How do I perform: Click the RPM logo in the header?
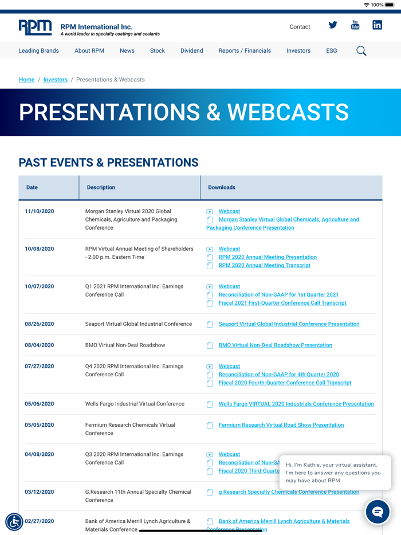click(35, 27)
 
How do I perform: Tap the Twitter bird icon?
click(333, 25)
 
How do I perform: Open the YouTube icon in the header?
click(355, 25)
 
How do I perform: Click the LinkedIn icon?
click(377, 25)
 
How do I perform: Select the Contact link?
click(300, 26)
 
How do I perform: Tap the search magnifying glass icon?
click(361, 51)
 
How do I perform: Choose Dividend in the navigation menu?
click(192, 50)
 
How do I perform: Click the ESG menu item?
click(331, 50)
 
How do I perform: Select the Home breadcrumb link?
click(26, 80)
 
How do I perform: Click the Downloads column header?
click(222, 187)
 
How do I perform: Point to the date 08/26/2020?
click(40, 324)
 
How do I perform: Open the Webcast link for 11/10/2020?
click(229, 211)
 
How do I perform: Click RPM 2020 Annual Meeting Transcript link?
click(265, 265)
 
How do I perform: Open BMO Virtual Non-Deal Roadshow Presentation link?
click(276, 345)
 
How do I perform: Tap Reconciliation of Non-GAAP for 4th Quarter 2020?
click(279, 374)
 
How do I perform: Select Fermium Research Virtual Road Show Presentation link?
click(281, 425)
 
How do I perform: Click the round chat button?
click(377, 512)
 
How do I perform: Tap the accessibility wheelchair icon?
click(14, 522)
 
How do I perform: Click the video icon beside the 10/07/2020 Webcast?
click(210, 287)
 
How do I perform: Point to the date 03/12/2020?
click(40, 491)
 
